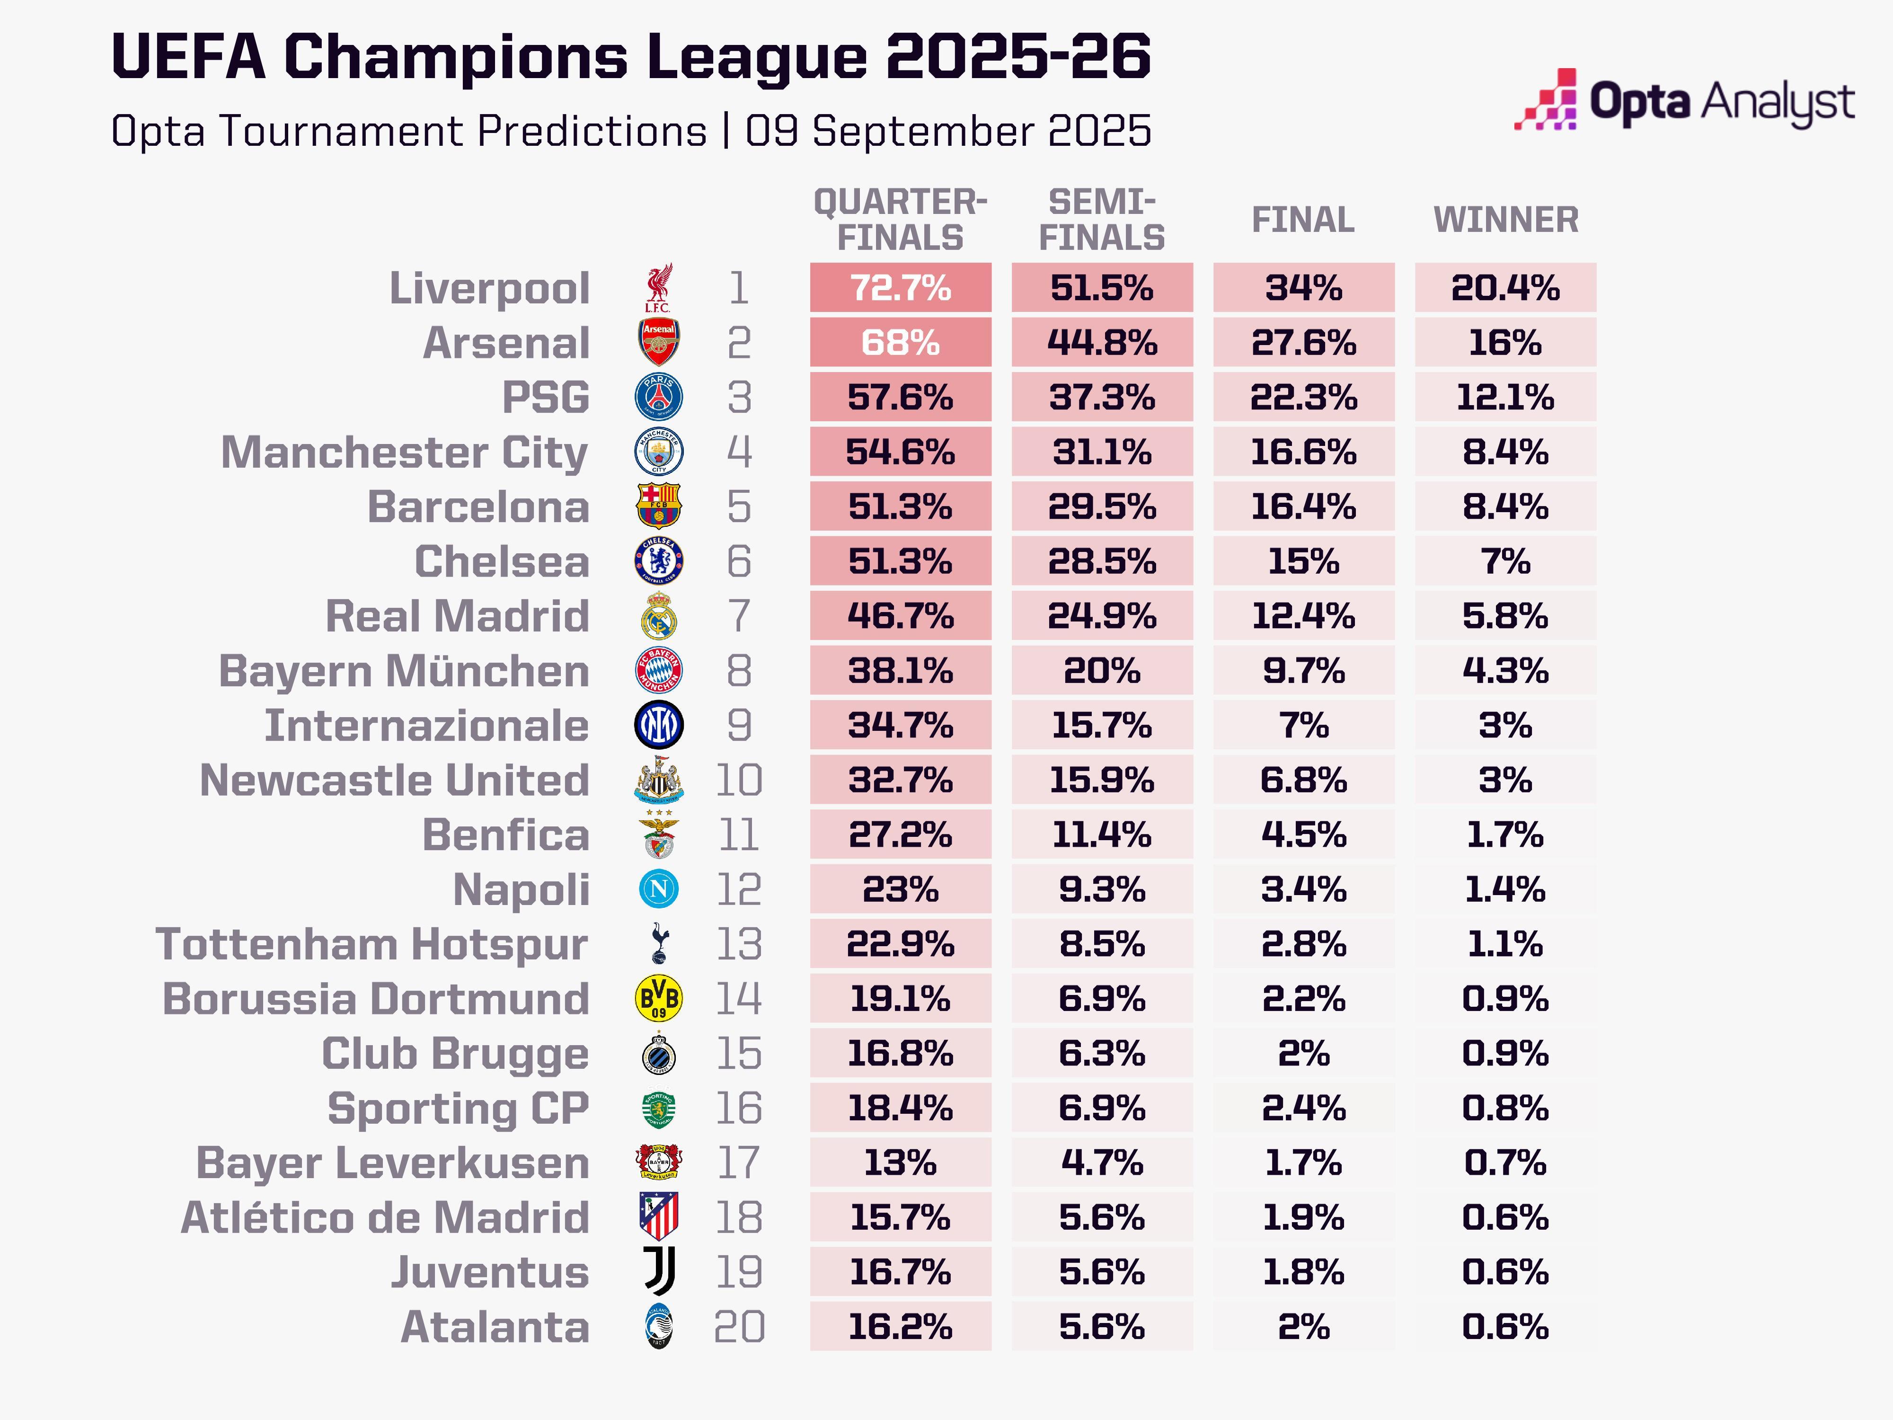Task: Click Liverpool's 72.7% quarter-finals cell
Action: point(900,288)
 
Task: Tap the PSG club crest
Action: point(658,397)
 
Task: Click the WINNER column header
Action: point(1505,220)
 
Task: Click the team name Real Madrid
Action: point(457,616)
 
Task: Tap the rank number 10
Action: point(739,781)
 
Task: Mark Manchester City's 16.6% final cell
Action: point(1303,452)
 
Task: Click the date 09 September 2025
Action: point(947,132)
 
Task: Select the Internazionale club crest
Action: point(658,725)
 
